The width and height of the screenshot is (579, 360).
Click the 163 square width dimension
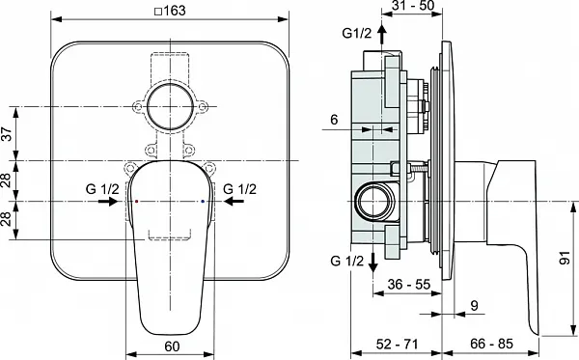click(x=170, y=11)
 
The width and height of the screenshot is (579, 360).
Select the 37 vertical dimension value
click(x=8, y=133)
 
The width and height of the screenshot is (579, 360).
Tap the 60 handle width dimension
click(x=172, y=346)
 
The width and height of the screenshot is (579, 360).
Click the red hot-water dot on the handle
click(x=137, y=202)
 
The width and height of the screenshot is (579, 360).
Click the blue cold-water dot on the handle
click(x=203, y=202)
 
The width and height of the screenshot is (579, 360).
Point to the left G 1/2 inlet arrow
click(x=108, y=202)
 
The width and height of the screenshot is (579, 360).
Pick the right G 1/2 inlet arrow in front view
click(x=234, y=202)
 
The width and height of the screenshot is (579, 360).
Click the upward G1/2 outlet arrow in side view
click(x=382, y=36)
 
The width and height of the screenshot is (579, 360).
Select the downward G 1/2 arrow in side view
click(x=373, y=263)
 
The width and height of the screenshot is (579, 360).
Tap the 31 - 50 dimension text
click(x=412, y=6)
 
